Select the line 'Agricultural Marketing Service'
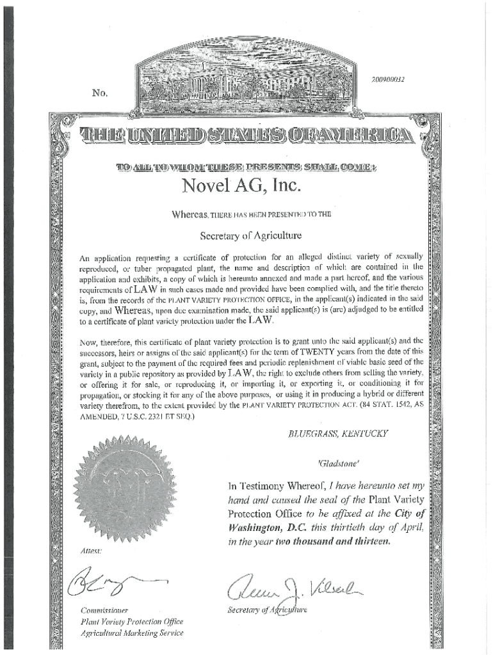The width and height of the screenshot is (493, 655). [131, 633]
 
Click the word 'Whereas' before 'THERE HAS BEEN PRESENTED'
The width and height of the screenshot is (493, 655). [191, 215]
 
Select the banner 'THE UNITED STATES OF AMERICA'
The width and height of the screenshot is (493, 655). [247, 135]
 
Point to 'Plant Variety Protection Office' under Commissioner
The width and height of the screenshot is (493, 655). [132, 622]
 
